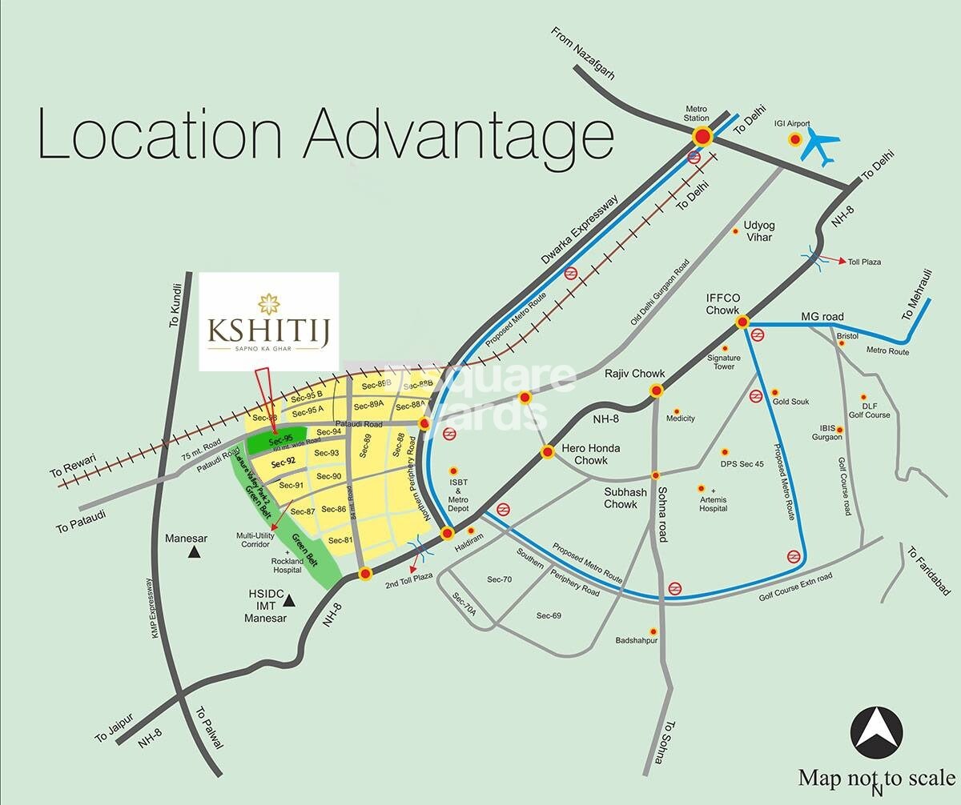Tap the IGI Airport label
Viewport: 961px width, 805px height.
(792, 124)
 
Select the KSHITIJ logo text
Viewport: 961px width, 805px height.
(268, 327)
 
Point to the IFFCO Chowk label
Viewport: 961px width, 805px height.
(722, 303)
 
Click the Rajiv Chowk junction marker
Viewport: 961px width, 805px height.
(657, 391)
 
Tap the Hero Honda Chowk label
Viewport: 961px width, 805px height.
(590, 455)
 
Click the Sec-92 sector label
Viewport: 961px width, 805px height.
(283, 462)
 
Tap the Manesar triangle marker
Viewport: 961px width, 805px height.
(193, 552)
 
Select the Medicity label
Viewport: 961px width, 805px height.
(680, 419)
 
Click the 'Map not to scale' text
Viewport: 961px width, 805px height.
(876, 777)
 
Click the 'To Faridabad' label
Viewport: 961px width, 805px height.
(929, 571)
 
